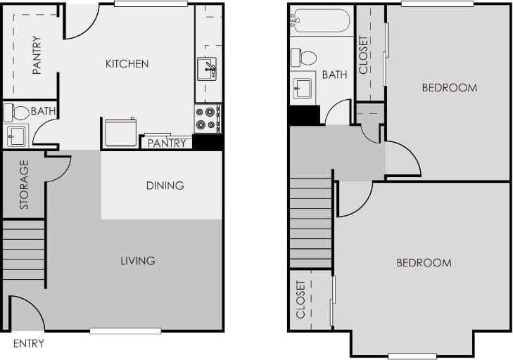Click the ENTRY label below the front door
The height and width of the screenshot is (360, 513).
click(x=28, y=344)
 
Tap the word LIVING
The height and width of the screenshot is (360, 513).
click(x=137, y=261)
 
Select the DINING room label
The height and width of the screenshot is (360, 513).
click(x=165, y=186)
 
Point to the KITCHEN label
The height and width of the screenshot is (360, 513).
click(x=127, y=64)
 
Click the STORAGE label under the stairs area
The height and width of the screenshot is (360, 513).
click(x=24, y=185)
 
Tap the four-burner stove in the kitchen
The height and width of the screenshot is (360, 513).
click(x=207, y=118)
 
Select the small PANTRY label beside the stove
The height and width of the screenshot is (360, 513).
click(x=167, y=143)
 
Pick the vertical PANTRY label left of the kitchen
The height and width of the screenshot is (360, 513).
click(x=37, y=55)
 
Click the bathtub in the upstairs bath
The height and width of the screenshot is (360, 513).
click(x=320, y=21)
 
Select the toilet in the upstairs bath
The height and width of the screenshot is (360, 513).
click(x=305, y=57)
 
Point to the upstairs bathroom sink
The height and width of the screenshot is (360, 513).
click(x=303, y=88)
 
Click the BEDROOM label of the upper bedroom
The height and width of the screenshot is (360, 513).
click(x=449, y=88)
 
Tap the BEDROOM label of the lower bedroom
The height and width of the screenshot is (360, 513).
click(x=424, y=263)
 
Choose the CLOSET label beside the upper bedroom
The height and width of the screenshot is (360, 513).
click(x=363, y=55)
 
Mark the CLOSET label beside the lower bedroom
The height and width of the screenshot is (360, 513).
click(x=300, y=300)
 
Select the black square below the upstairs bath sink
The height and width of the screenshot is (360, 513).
click(x=304, y=115)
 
